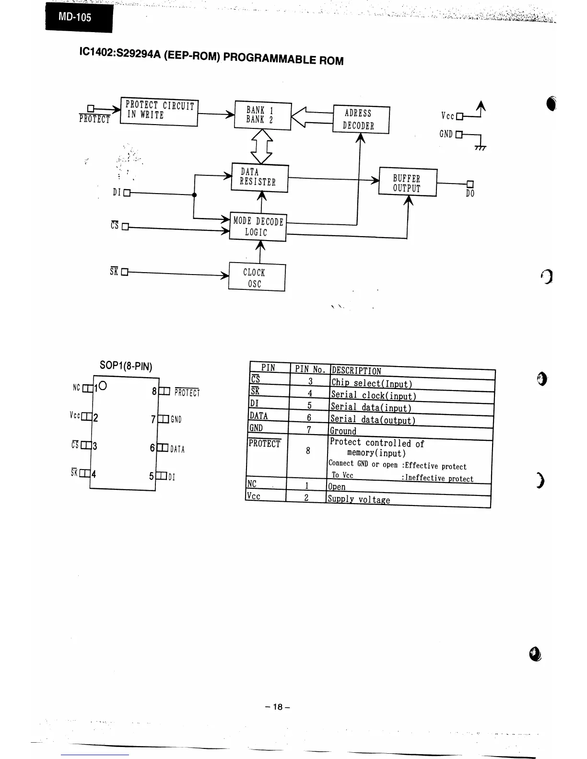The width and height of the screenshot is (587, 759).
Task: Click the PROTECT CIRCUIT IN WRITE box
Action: (159, 112)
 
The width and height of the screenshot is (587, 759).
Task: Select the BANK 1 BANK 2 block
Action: (262, 115)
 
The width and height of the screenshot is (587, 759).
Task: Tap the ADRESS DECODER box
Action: (361, 120)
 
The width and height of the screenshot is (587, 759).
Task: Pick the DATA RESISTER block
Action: (259, 178)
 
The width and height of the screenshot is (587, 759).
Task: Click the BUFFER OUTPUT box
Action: (408, 183)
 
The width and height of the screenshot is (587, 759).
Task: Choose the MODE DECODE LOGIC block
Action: (258, 227)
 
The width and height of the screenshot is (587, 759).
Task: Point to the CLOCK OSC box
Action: (257, 277)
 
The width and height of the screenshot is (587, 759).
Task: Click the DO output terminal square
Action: (470, 184)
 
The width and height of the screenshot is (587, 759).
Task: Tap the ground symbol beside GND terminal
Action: (480, 148)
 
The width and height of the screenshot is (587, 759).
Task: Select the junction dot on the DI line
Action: (194, 195)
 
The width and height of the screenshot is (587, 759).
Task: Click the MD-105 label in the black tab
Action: (75, 18)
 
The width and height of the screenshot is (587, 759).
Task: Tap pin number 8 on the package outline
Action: (154, 391)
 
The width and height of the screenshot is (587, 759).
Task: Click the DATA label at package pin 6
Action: (177, 449)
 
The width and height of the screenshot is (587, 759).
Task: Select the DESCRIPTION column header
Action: (356, 371)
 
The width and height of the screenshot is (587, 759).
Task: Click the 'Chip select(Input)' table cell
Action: (371, 384)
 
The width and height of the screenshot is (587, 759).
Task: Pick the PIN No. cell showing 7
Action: (309, 429)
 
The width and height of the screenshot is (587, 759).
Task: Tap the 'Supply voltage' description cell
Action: (359, 500)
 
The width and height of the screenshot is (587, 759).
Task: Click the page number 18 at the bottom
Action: (278, 707)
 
